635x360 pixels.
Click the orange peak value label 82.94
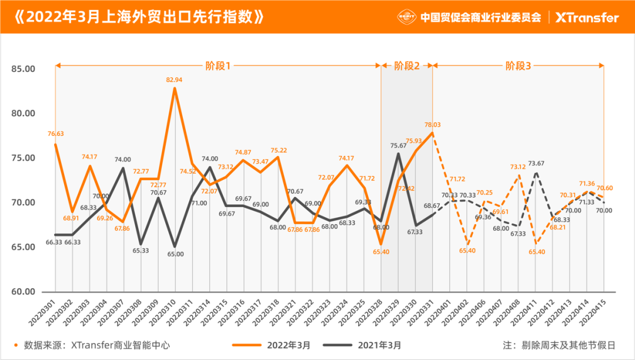pyautogui.click(x=175, y=79)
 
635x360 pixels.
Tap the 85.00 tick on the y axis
pyautogui.click(x=24, y=69)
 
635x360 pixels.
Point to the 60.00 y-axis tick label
pyautogui.click(x=24, y=292)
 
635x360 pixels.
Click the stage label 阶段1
pyautogui.click(x=218, y=66)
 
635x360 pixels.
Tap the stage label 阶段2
pyautogui.click(x=407, y=66)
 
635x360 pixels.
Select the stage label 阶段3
pyautogui.click(x=518, y=66)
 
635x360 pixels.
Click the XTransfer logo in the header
pyautogui.click(x=587, y=17)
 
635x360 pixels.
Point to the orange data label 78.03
pyautogui.click(x=433, y=125)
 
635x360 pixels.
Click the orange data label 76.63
pyautogui.click(x=55, y=134)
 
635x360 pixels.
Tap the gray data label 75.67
pyautogui.click(x=399, y=145)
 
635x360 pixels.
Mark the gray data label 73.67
pyautogui.click(x=536, y=164)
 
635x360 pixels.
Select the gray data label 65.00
pyautogui.click(x=175, y=254)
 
